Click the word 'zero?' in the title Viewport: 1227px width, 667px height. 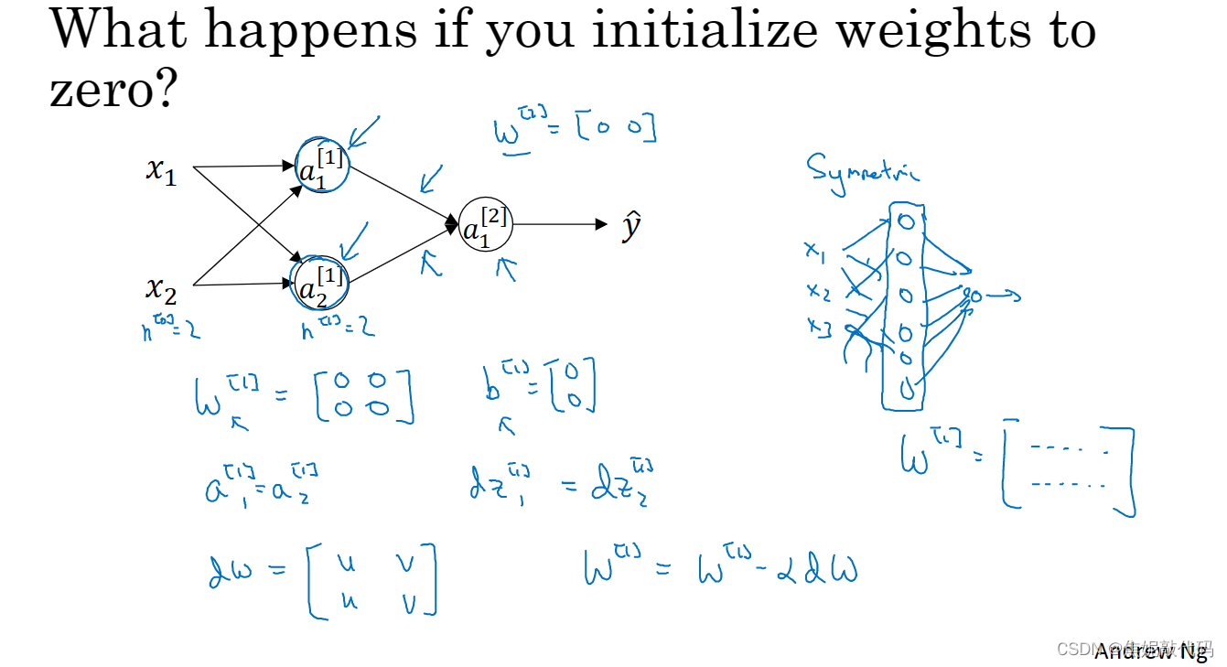[x=111, y=90]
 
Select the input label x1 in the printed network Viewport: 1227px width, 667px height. [x=161, y=170]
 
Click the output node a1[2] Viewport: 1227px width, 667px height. [x=485, y=225]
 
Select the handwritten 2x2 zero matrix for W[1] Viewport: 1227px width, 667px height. [x=364, y=396]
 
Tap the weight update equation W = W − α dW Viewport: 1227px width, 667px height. [x=720, y=567]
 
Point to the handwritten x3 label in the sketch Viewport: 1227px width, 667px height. [x=818, y=328]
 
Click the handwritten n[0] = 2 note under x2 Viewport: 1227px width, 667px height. [x=171, y=328]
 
